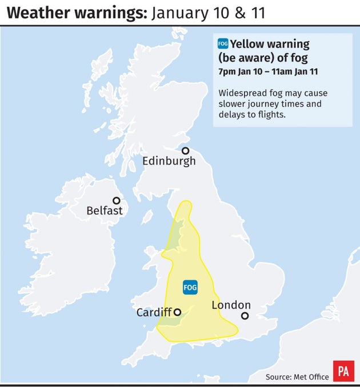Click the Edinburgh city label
point(169,161)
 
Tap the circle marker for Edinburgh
point(185,151)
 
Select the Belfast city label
point(104,211)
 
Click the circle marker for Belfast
point(116,200)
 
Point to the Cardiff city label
point(153,312)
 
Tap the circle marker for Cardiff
point(177,312)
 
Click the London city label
point(231,305)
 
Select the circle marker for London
point(245,316)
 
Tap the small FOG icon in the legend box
point(223,43)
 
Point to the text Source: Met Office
point(297,376)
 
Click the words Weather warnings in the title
point(74,13)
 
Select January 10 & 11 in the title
point(208,13)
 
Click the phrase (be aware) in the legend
point(247,58)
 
